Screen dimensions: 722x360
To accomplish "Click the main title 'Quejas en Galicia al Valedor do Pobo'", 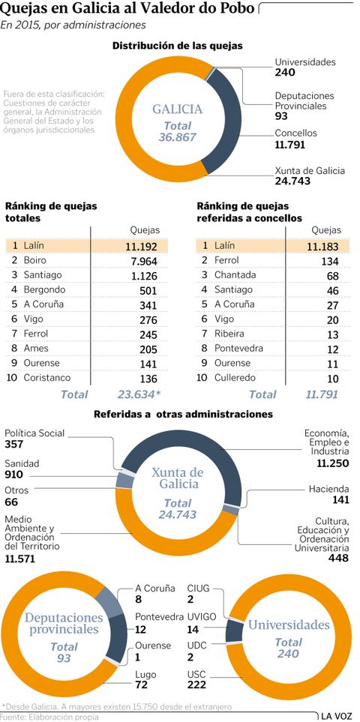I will (x=128, y=9).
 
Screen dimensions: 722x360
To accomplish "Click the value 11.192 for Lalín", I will (x=140, y=245).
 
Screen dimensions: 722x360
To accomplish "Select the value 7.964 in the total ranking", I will (x=143, y=260).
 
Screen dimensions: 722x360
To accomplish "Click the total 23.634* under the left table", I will (x=140, y=394).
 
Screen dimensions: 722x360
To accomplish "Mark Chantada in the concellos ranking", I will (x=235, y=275).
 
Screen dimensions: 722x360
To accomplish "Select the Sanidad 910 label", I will (x=22, y=469).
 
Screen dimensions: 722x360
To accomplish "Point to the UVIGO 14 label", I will (x=203, y=622).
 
